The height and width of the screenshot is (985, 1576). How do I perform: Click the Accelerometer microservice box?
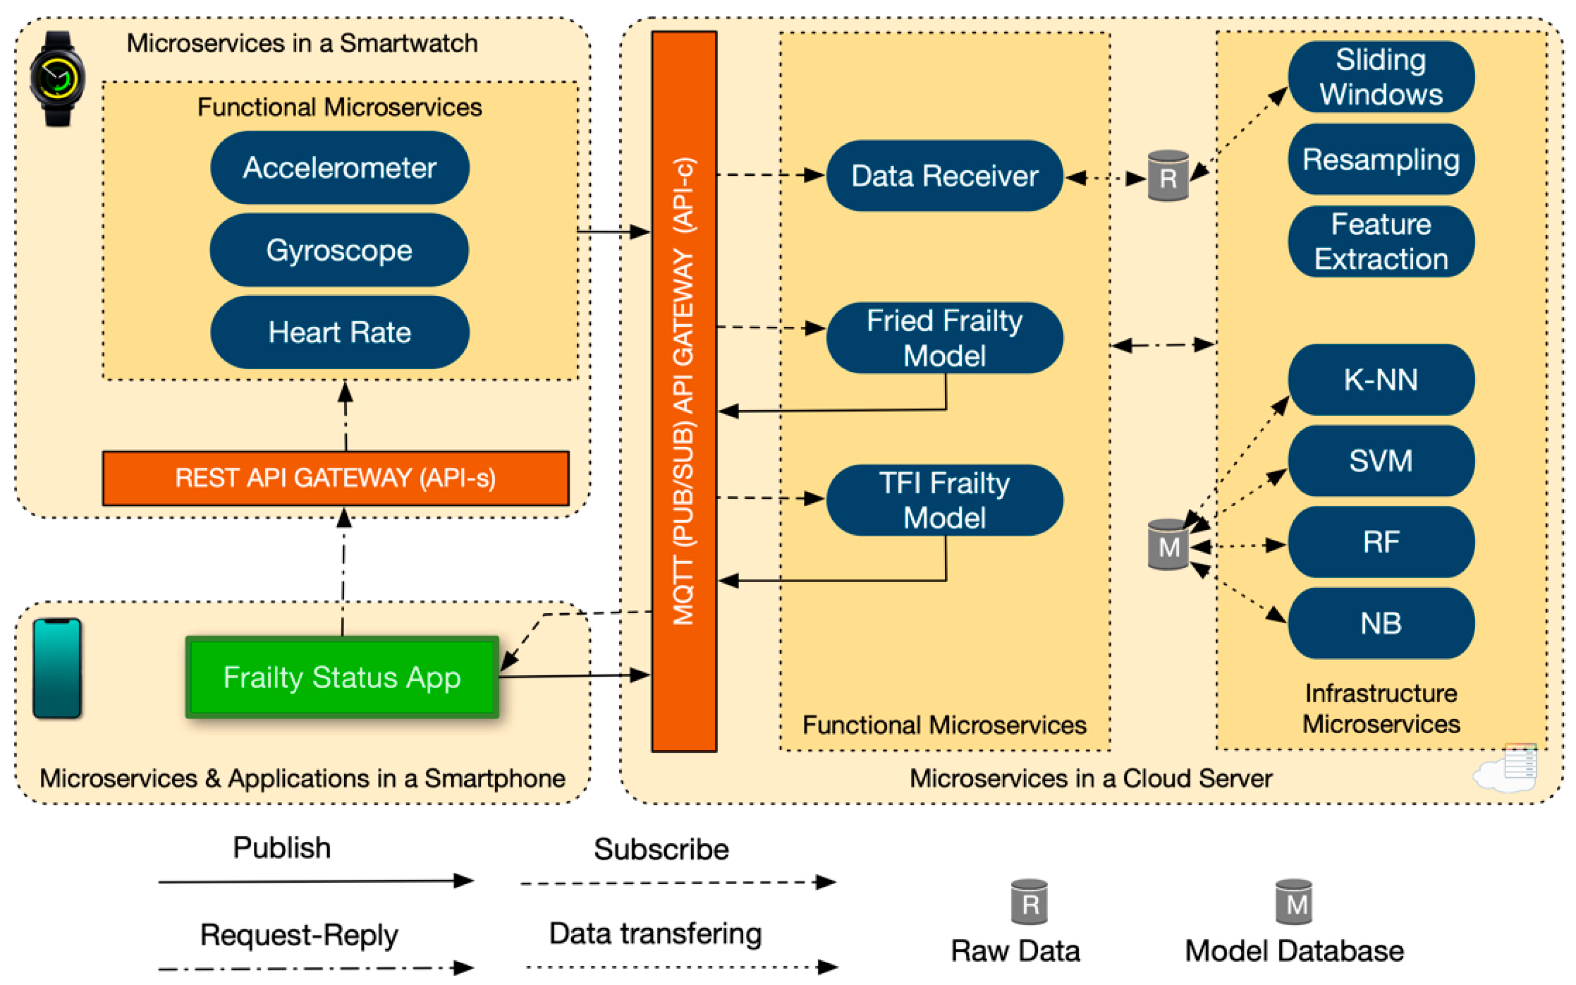[x=339, y=168]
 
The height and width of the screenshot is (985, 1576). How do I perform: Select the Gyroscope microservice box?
[x=339, y=250]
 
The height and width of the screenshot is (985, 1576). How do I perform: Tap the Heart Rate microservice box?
[x=339, y=332]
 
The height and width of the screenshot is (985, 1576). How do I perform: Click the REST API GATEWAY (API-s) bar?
[x=335, y=478]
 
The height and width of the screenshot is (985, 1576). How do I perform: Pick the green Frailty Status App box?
[x=342, y=677]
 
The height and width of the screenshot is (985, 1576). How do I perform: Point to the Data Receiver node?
[x=944, y=176]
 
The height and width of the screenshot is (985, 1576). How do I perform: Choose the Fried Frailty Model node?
[x=944, y=338]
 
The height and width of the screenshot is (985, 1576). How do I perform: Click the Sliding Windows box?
[x=1381, y=77]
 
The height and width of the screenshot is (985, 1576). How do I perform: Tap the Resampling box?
[x=1381, y=160]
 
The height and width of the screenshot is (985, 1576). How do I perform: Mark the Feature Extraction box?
[x=1381, y=241]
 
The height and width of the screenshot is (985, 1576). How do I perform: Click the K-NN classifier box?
[x=1381, y=380]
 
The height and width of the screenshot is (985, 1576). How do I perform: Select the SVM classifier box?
[x=1381, y=461]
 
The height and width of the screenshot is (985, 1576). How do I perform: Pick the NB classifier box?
[x=1381, y=624]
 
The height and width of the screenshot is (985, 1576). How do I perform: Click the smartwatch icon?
[x=57, y=78]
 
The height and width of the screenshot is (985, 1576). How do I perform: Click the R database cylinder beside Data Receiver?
[x=1168, y=176]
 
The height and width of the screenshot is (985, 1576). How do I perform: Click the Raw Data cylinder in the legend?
[x=1029, y=902]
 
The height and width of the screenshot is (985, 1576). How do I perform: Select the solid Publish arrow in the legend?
[x=315, y=882]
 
